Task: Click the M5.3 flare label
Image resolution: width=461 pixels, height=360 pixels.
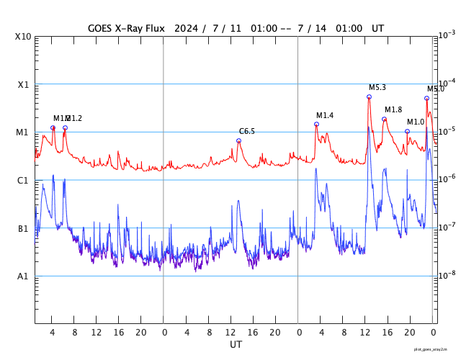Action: pos(377,88)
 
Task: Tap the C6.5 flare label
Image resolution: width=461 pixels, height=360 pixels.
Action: pos(247,132)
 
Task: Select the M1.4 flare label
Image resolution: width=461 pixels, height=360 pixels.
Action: pos(325,116)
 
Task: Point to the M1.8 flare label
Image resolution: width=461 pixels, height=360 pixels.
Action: pos(393,109)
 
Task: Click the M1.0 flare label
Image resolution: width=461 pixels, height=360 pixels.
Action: pos(416,122)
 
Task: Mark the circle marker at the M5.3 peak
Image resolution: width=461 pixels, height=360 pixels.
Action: pos(369,96)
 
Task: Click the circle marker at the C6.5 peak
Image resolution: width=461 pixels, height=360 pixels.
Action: pos(239,140)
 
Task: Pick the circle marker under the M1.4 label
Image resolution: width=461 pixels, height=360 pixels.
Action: pos(316,124)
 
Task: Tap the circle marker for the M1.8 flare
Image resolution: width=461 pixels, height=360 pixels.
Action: pos(384,119)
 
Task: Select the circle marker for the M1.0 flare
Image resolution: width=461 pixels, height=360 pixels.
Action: pos(407,131)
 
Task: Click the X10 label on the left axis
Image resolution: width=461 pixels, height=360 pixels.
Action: pos(23,37)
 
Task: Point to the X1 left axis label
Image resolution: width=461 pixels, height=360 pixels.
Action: pos(23,84)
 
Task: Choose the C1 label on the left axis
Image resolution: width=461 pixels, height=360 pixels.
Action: pos(23,181)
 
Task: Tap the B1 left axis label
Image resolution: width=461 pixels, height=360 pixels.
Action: pos(23,229)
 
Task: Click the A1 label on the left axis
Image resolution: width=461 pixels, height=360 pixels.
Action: pos(23,276)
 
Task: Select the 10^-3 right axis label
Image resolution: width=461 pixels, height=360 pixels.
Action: pos(447,35)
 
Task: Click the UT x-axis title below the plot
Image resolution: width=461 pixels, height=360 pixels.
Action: pos(236,344)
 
